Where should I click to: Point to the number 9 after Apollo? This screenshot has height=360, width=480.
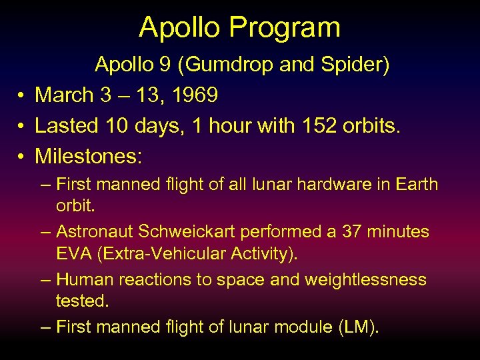pos(169,65)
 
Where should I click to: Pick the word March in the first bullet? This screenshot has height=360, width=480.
pos(64,95)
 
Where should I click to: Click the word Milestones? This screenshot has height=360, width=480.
pos(88,156)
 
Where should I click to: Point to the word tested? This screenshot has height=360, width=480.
pos(81,301)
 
